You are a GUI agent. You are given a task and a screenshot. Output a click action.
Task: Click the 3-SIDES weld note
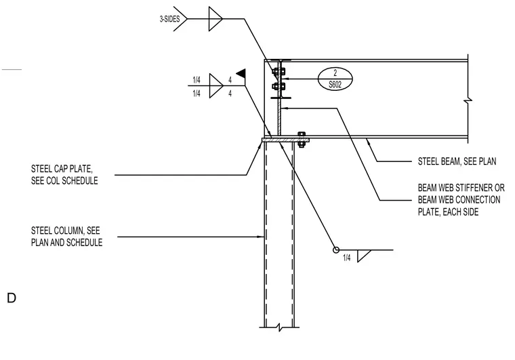pyautogui.click(x=169, y=19)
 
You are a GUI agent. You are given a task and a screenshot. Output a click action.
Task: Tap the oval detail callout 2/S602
pyautogui.click(x=335, y=79)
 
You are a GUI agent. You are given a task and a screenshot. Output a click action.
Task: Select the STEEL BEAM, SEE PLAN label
pyautogui.click(x=457, y=161)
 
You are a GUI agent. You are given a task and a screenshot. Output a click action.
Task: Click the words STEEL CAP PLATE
pyautogui.click(x=62, y=169)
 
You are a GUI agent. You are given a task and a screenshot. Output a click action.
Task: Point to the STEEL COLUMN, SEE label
pyautogui.click(x=65, y=231)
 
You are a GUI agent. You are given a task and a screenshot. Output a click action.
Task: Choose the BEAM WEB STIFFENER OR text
pyautogui.click(x=461, y=188)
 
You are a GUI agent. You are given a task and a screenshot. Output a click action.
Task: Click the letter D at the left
pyautogui.click(x=12, y=298)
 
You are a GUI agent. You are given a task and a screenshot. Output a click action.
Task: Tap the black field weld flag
pyautogui.click(x=241, y=73)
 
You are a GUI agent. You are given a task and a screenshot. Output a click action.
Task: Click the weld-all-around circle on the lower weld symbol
pyautogui.click(x=336, y=250)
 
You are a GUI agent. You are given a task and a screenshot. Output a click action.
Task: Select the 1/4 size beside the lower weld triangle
pyautogui.click(x=346, y=258)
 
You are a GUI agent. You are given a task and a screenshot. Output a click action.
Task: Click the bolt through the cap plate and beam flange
pyautogui.click(x=301, y=140)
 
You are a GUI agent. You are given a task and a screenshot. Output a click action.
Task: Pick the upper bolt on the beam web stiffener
pyautogui.click(x=279, y=71)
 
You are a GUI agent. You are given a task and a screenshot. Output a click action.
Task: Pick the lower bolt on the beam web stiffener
pyautogui.click(x=279, y=87)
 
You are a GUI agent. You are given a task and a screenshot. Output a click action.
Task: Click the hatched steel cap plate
pyautogui.click(x=285, y=140)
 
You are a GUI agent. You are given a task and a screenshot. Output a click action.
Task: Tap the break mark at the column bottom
pyautogui.click(x=279, y=327)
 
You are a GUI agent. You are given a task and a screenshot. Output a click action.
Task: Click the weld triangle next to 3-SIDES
pyautogui.click(x=215, y=19)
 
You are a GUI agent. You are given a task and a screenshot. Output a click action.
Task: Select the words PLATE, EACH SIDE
pyautogui.click(x=448, y=212)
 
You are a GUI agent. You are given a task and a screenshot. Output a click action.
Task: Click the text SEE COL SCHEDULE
pyautogui.click(x=64, y=180)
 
